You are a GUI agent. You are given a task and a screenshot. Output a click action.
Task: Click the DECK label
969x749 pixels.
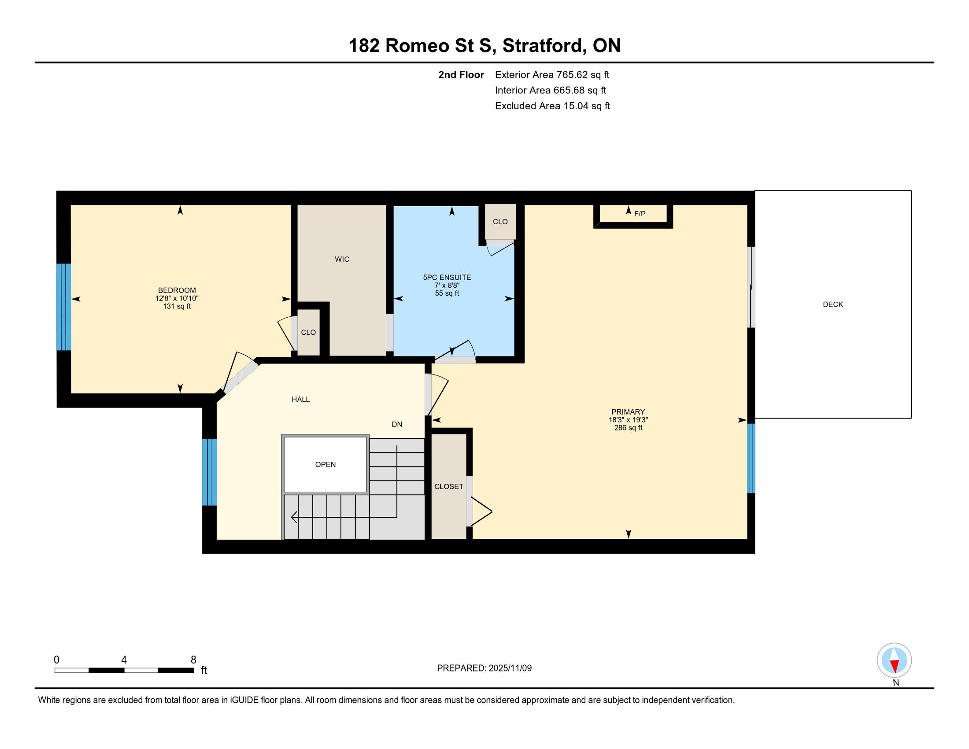(x=833, y=304)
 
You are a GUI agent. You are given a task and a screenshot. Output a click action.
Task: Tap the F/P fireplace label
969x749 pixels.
(x=640, y=214)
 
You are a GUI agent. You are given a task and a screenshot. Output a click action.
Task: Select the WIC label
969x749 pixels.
(x=342, y=259)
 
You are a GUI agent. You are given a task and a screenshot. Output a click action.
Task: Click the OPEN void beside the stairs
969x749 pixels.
(x=325, y=464)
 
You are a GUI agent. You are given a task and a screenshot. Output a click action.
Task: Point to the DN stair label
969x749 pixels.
(x=397, y=424)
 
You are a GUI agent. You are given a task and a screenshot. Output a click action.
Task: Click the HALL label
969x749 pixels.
(x=300, y=399)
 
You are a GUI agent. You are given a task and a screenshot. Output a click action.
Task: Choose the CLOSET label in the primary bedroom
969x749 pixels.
(x=448, y=486)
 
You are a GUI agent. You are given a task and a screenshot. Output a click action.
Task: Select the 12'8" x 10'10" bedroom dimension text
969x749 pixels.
(x=177, y=299)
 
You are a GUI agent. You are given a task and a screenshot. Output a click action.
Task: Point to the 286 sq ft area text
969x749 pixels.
(x=628, y=428)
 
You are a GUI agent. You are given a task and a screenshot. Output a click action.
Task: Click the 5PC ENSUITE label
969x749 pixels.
(x=447, y=277)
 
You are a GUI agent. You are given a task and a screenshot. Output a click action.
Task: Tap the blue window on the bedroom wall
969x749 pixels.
(x=63, y=307)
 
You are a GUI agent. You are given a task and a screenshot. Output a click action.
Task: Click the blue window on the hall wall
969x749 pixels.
(x=209, y=472)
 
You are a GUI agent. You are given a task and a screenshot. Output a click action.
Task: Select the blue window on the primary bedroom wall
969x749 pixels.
(x=751, y=458)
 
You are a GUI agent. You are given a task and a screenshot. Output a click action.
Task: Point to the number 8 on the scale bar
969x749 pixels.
(x=193, y=660)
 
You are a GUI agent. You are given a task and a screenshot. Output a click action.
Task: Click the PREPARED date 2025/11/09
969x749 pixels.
(x=510, y=668)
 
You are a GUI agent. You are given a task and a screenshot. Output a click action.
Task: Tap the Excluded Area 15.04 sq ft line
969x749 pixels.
(x=552, y=106)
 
